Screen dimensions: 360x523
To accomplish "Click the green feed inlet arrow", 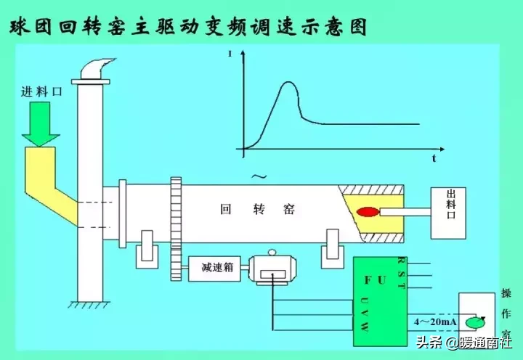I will pos(41,123).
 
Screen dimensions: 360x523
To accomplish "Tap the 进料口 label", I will pos(41,93).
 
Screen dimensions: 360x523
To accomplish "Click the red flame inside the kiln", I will pos(368,213).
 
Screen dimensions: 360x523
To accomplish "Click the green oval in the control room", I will pos(476,320).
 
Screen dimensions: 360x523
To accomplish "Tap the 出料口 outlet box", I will pos(453,213).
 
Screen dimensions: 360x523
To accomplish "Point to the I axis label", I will pos(231,54).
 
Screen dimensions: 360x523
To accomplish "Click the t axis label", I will pos(433,157).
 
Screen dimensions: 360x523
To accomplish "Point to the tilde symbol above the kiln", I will pos(256,176).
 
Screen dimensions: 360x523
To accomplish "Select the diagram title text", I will pos(187,28).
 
